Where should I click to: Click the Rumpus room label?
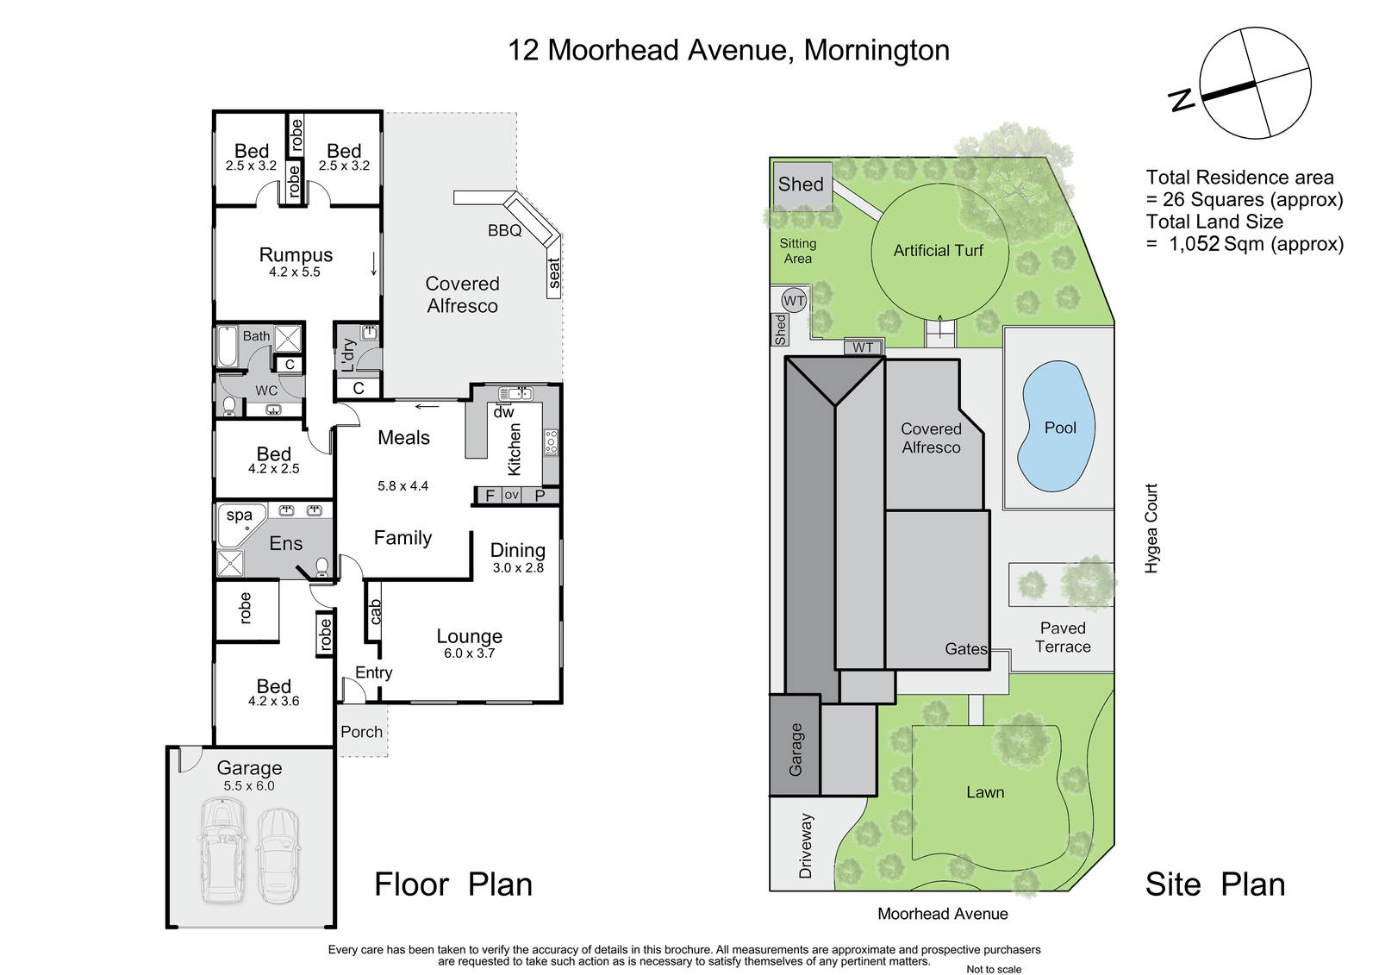[x=296, y=255]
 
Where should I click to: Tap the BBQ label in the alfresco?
[x=505, y=230]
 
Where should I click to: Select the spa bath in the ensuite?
[x=241, y=524]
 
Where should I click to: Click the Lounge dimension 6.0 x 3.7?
[x=469, y=653]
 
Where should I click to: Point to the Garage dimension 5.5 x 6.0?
[x=249, y=785]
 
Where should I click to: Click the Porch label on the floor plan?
[x=361, y=732]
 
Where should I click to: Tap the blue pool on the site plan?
[x=1057, y=426]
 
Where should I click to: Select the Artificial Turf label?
[x=939, y=251]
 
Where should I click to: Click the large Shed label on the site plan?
[x=801, y=184]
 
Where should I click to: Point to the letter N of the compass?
[x=1182, y=99]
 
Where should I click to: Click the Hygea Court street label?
[x=1151, y=528]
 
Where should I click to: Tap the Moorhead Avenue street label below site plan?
[x=943, y=914]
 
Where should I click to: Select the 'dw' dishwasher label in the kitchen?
[x=503, y=412]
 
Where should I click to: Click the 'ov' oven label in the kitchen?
[x=511, y=495]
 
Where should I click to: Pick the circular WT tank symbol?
[x=794, y=301]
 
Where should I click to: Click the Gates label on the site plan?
[x=966, y=648]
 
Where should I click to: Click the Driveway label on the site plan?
[x=805, y=846]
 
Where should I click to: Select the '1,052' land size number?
[x=1194, y=244]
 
